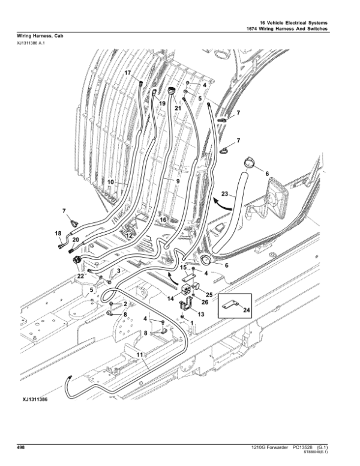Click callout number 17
128,73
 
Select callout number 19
162,103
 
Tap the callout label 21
178,108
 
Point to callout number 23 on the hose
224,194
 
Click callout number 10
110,181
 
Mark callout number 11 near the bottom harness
140,355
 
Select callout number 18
58,233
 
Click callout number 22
80,276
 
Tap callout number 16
163,220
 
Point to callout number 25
209,294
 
